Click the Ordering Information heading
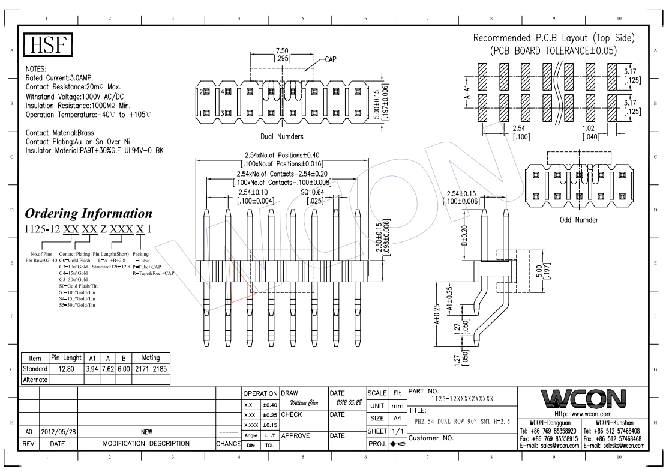coord(88,214)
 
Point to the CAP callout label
coord(332,59)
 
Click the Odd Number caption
coord(578,220)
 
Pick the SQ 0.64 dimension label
coord(312,192)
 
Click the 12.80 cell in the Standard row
coord(62,369)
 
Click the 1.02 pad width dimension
coord(590,128)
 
